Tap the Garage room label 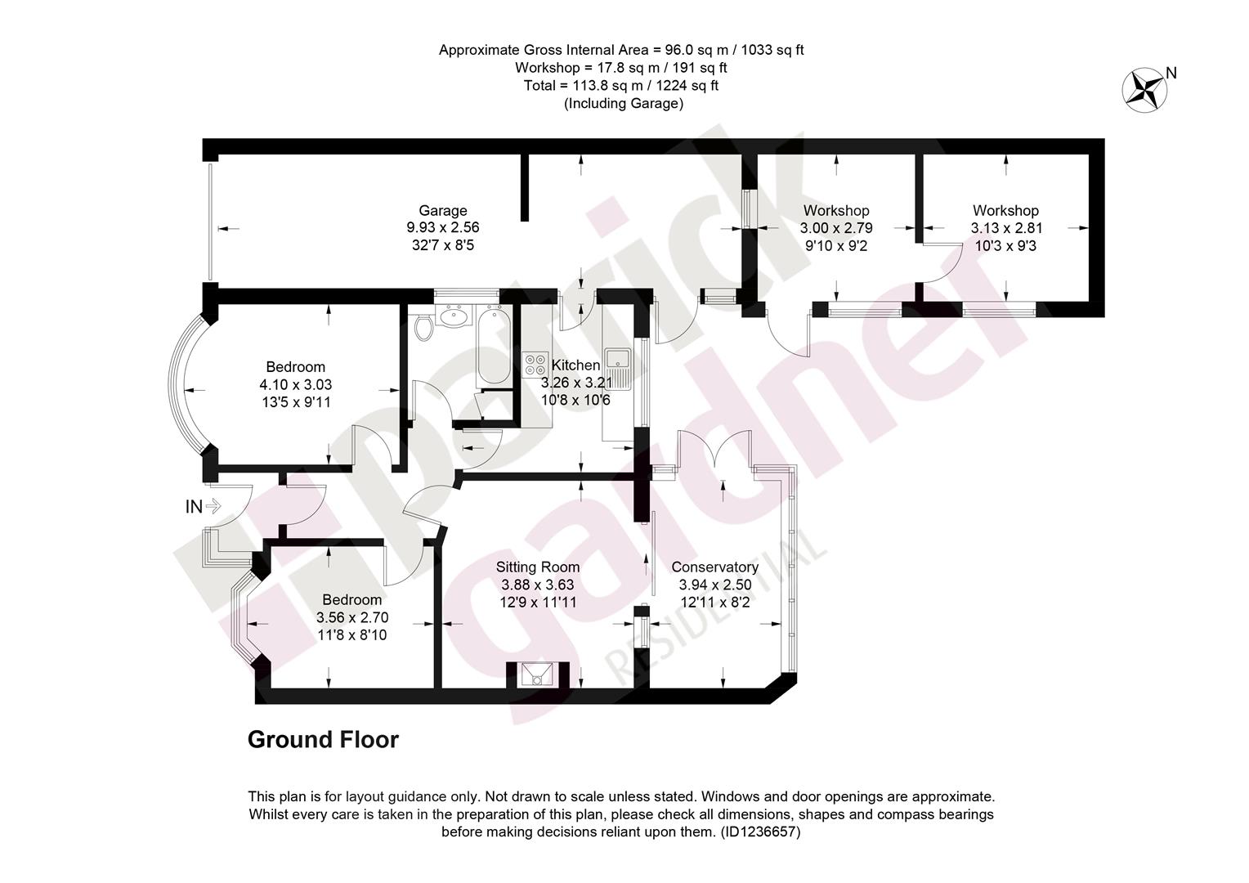point(443,210)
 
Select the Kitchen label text point(575,365)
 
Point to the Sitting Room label point(538,567)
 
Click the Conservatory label point(715,567)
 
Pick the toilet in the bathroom point(423,328)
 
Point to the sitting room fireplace point(538,674)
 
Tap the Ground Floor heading point(324,740)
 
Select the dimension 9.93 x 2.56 point(443,227)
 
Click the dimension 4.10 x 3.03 point(296,384)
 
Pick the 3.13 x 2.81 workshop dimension point(1006,227)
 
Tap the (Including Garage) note point(624,104)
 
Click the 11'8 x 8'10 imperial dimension point(351,634)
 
